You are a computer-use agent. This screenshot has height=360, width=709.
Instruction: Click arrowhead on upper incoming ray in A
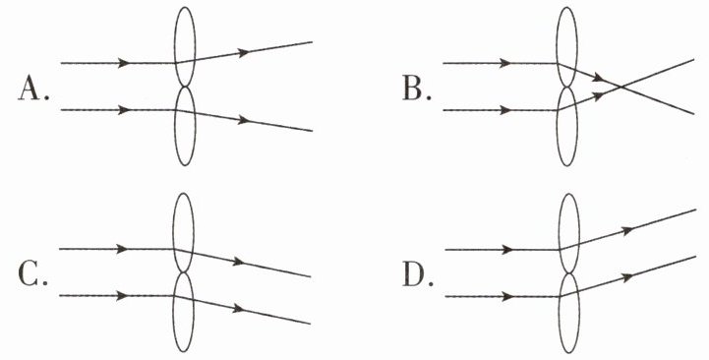click(124, 63)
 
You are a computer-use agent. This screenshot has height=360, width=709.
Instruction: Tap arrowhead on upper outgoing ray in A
click(244, 52)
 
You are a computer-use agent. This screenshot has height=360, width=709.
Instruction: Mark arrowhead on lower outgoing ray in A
click(244, 120)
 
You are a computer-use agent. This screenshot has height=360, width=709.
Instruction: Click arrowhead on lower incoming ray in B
click(505, 110)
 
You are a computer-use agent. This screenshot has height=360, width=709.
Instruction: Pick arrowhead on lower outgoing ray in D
click(627, 277)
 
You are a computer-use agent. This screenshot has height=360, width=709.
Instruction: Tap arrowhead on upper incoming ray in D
click(507, 250)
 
